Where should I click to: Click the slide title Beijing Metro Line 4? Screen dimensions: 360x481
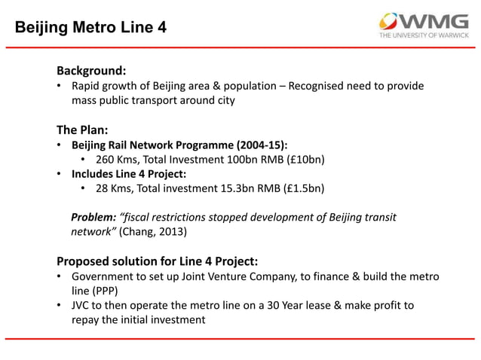(91, 28)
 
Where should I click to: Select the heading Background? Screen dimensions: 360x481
(90, 71)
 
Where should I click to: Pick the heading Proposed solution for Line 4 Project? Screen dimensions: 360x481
(158, 261)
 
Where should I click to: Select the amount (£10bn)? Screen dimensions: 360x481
(302, 159)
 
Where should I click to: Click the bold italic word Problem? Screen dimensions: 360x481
(93, 218)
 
